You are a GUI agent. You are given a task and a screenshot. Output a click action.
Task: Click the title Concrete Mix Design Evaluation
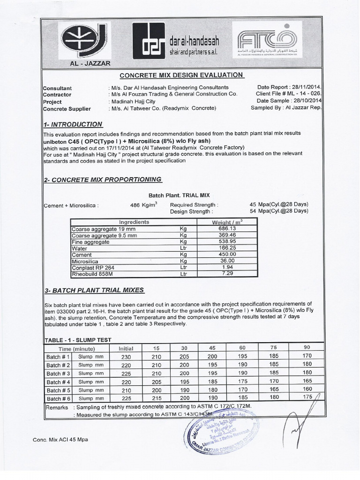pos(181,75)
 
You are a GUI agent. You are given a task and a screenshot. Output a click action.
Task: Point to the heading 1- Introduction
pos(73,125)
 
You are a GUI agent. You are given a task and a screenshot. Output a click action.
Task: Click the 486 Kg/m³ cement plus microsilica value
pos(143,205)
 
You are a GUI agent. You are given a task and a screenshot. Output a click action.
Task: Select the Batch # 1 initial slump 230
pos(126,357)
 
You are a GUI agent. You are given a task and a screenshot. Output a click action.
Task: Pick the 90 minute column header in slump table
pos(307,348)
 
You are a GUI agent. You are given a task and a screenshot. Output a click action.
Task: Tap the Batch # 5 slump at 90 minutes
pos(307,390)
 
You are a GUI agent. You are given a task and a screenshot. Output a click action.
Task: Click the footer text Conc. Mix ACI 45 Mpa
pos(60,440)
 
